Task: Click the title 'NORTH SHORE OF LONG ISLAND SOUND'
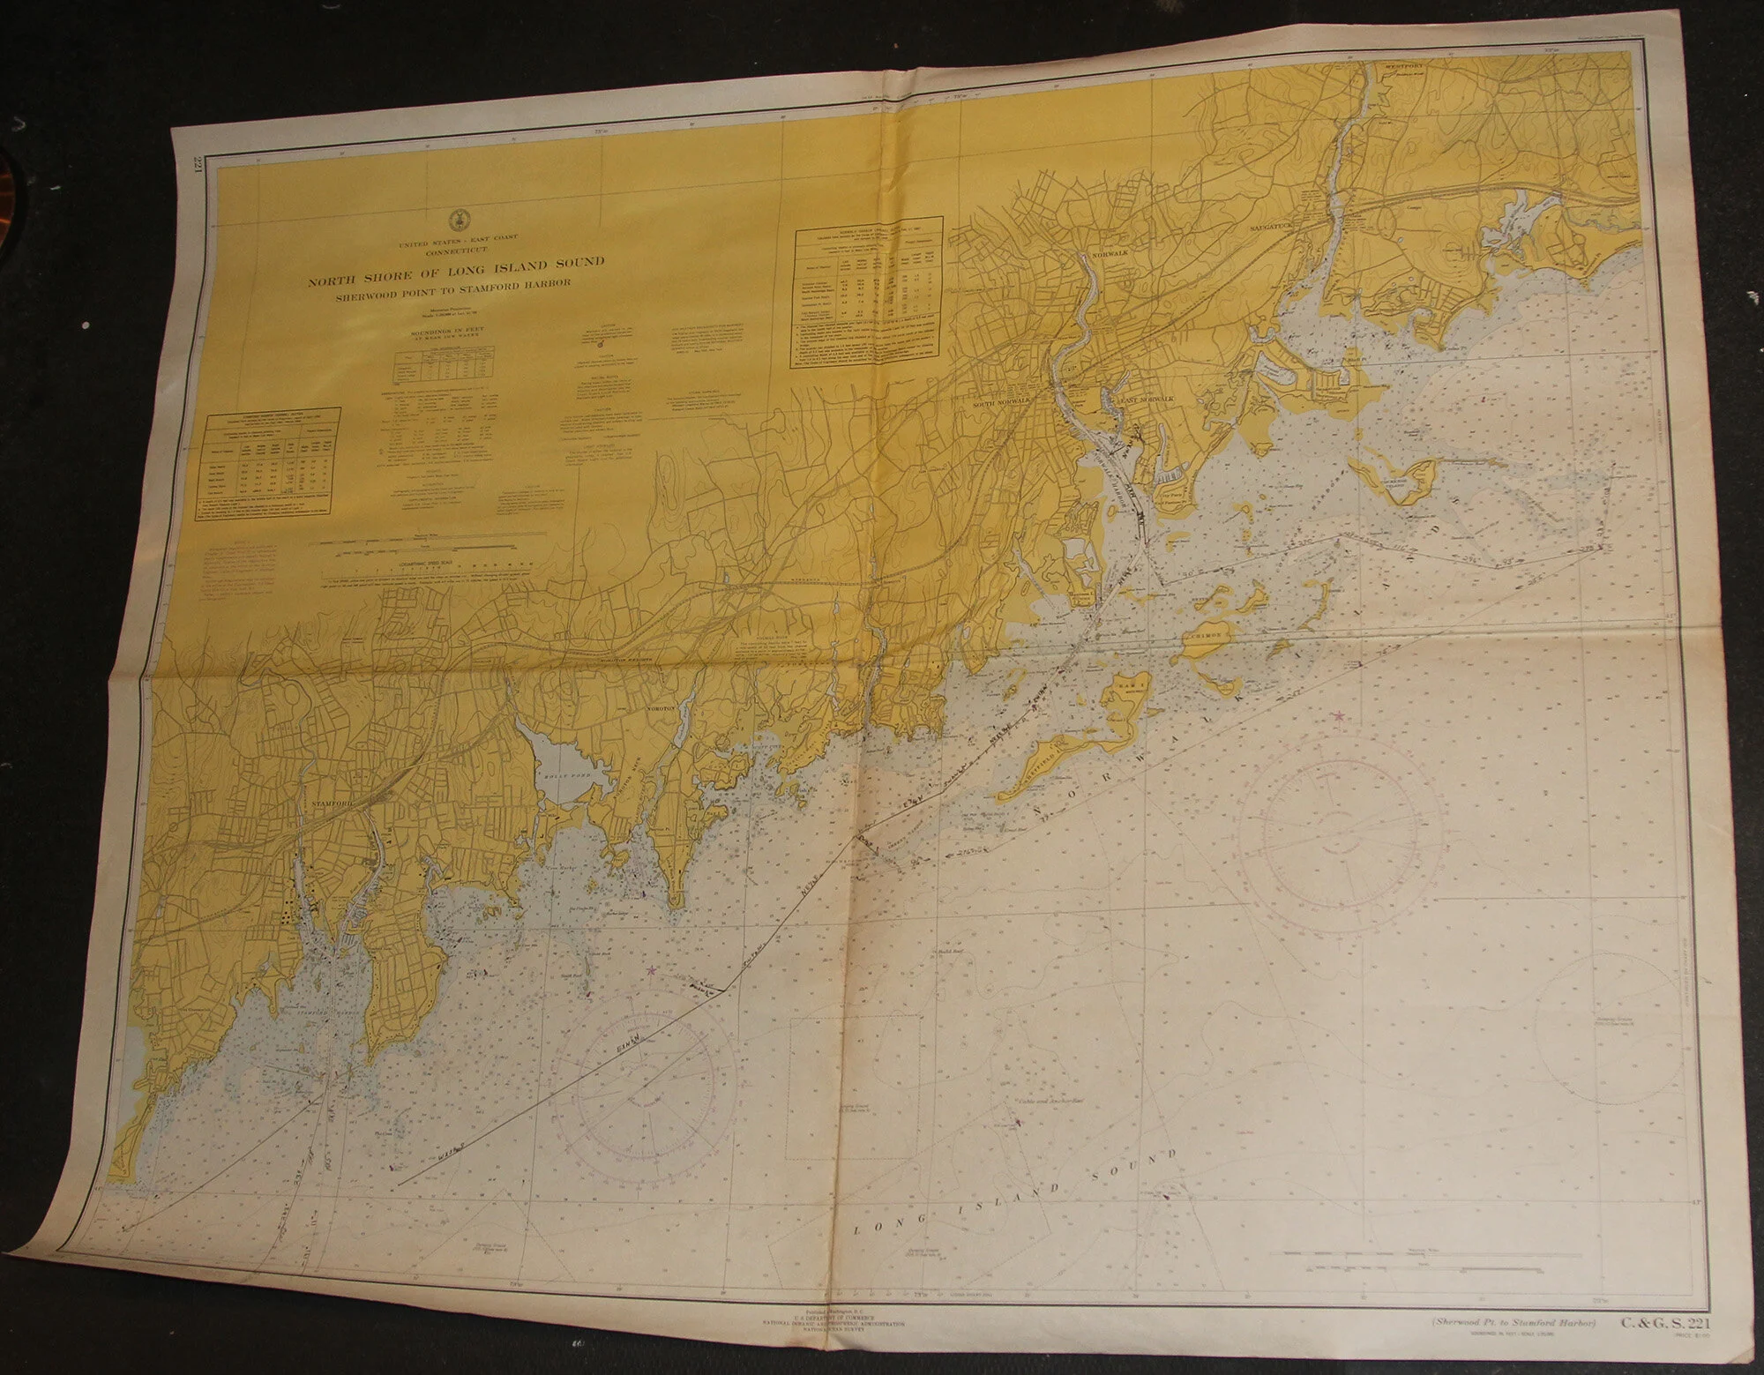click(455, 260)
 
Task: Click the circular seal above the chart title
click(456, 220)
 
